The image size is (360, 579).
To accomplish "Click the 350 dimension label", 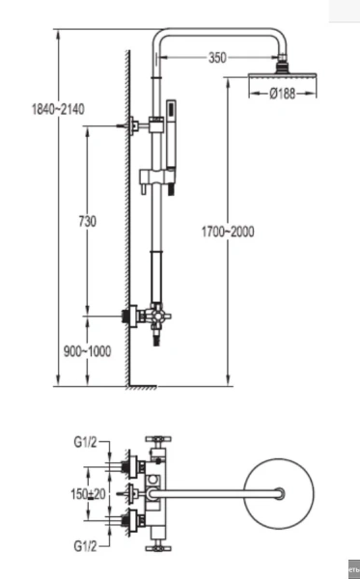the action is pyautogui.click(x=217, y=58).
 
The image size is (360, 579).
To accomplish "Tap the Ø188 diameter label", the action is pyautogui.click(x=283, y=94).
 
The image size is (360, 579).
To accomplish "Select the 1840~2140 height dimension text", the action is pyautogui.click(x=58, y=109).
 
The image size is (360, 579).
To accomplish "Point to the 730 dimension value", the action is pyautogui.click(x=88, y=221).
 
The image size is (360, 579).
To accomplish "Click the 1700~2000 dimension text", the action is pyautogui.click(x=228, y=232).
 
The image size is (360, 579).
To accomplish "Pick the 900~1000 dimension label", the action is pyautogui.click(x=87, y=351).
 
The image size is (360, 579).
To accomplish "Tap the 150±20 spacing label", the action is pyautogui.click(x=88, y=494).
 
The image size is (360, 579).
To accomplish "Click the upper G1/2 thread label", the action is pyautogui.click(x=85, y=442).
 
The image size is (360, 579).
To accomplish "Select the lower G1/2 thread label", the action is pyautogui.click(x=85, y=545).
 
